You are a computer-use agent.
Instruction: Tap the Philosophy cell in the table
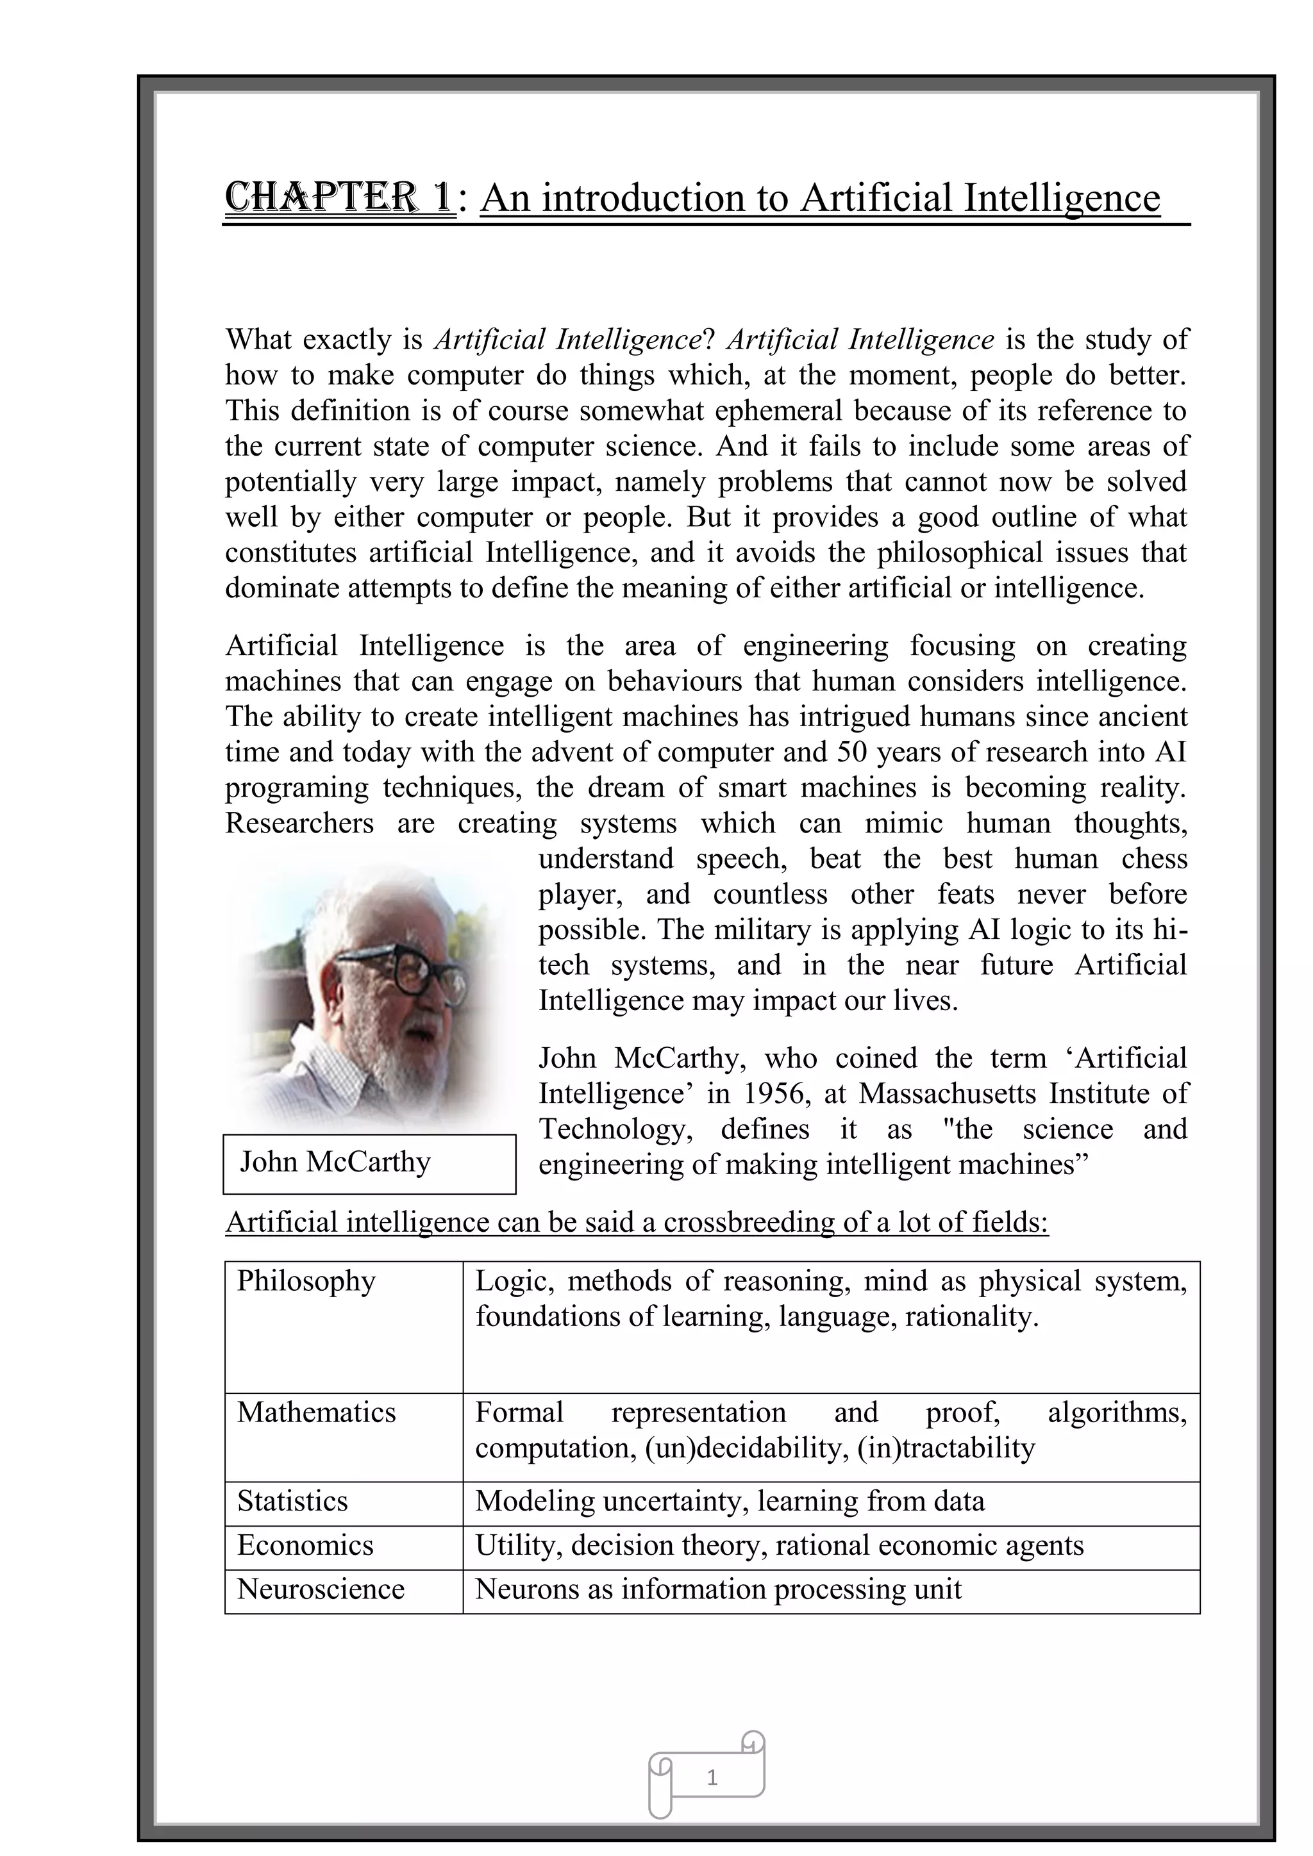pos(306,1281)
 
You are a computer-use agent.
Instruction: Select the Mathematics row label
pos(316,1413)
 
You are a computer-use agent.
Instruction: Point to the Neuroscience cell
pos(320,1589)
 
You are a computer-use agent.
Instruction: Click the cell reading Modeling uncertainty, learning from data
pos(729,1501)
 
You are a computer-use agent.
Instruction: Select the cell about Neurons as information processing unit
pos(718,1589)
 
